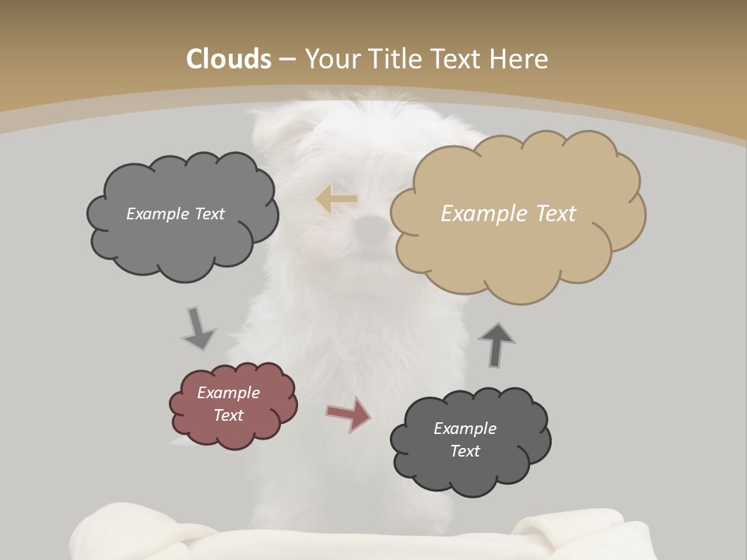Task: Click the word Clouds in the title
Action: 229,59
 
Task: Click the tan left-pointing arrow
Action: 337,199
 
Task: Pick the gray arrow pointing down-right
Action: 198,329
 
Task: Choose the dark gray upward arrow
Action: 496,344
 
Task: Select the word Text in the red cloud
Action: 229,415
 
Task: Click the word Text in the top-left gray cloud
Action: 209,214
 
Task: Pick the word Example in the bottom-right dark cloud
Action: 465,429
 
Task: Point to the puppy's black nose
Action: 371,226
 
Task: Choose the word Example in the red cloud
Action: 229,393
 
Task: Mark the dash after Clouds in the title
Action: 286,60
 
